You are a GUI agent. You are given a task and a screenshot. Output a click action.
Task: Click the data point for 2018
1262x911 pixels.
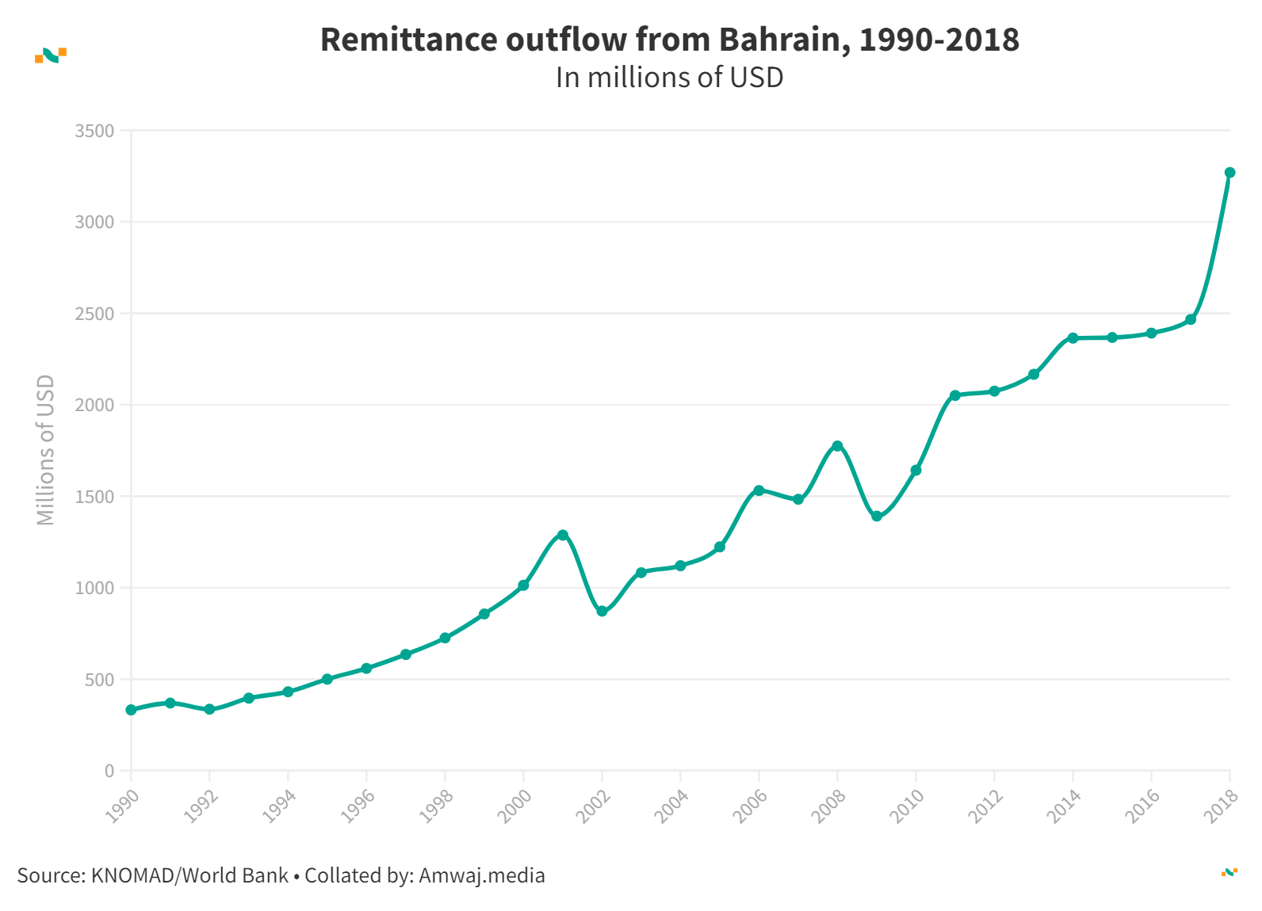1229,173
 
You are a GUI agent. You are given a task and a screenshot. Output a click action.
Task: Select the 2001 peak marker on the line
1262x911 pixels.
563,535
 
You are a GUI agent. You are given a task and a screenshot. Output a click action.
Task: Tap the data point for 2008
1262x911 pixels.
837,446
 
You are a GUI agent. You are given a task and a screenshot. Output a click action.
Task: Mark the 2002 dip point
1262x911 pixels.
602,612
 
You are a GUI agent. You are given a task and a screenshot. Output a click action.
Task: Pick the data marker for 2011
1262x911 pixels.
955,395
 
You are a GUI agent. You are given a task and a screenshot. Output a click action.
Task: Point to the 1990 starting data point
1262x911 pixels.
131,710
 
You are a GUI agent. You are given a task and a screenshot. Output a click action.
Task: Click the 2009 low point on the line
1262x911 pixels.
877,516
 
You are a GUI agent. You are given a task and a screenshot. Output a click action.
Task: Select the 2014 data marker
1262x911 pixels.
1073,338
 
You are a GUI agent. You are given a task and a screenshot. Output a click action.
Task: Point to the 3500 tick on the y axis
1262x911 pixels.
94,131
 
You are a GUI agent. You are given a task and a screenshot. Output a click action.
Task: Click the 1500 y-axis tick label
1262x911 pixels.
94,497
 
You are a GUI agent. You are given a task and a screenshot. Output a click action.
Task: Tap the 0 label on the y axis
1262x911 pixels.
109,771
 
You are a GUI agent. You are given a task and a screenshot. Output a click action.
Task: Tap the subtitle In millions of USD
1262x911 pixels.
669,78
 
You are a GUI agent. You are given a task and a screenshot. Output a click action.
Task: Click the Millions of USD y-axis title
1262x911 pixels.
46,449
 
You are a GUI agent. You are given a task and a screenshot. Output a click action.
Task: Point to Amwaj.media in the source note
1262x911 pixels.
482,875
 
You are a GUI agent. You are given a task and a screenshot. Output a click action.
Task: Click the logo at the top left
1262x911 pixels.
51,55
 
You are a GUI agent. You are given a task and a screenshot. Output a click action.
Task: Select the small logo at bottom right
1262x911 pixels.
1229,872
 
